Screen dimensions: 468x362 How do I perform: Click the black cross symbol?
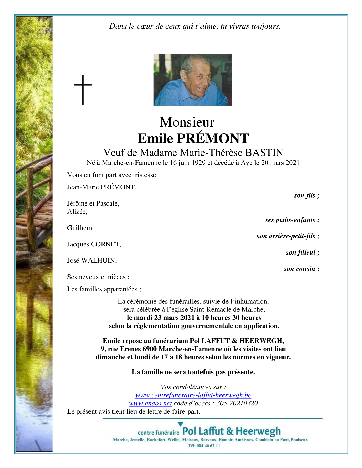click(x=83, y=89)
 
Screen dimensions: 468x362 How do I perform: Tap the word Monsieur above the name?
click(x=187, y=122)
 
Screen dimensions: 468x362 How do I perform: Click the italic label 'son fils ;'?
click(x=306, y=196)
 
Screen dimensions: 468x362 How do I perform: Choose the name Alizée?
click(x=77, y=212)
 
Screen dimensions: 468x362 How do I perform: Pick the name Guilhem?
click(x=80, y=228)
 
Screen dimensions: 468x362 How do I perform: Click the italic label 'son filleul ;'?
click(x=302, y=253)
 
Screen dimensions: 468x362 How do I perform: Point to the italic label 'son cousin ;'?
click(x=301, y=269)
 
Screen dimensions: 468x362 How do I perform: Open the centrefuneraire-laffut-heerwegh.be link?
click(x=193, y=395)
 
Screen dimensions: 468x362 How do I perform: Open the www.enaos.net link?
click(x=150, y=403)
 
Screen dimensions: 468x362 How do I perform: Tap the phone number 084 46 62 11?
click(x=208, y=446)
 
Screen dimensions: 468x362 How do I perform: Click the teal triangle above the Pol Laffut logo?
click(x=180, y=424)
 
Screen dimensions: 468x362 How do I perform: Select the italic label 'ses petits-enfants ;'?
click(x=292, y=220)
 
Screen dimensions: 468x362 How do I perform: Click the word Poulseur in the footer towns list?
click(x=299, y=440)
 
